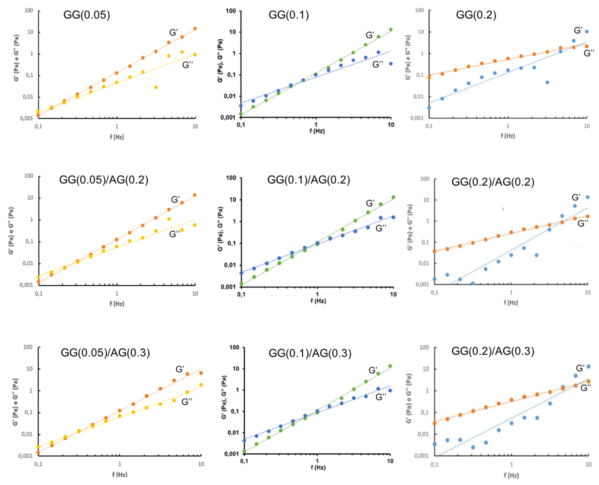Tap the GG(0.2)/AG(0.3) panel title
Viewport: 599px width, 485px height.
click(x=493, y=351)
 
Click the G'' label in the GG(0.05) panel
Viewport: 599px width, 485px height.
click(x=188, y=65)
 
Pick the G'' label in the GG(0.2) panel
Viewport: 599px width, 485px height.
click(x=589, y=53)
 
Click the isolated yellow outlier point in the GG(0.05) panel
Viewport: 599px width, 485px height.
click(x=156, y=88)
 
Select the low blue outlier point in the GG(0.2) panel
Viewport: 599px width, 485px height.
click(x=547, y=82)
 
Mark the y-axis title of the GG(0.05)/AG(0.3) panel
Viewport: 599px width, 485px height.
click(x=15, y=402)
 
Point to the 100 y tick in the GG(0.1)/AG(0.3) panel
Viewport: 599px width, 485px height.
click(x=234, y=347)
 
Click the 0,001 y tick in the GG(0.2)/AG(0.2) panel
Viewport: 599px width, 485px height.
click(x=422, y=284)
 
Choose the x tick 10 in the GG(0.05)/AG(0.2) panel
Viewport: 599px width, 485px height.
click(x=195, y=294)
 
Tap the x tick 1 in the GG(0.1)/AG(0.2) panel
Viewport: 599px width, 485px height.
click(x=317, y=294)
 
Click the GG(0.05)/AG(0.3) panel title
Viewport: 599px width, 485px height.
click(x=105, y=353)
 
